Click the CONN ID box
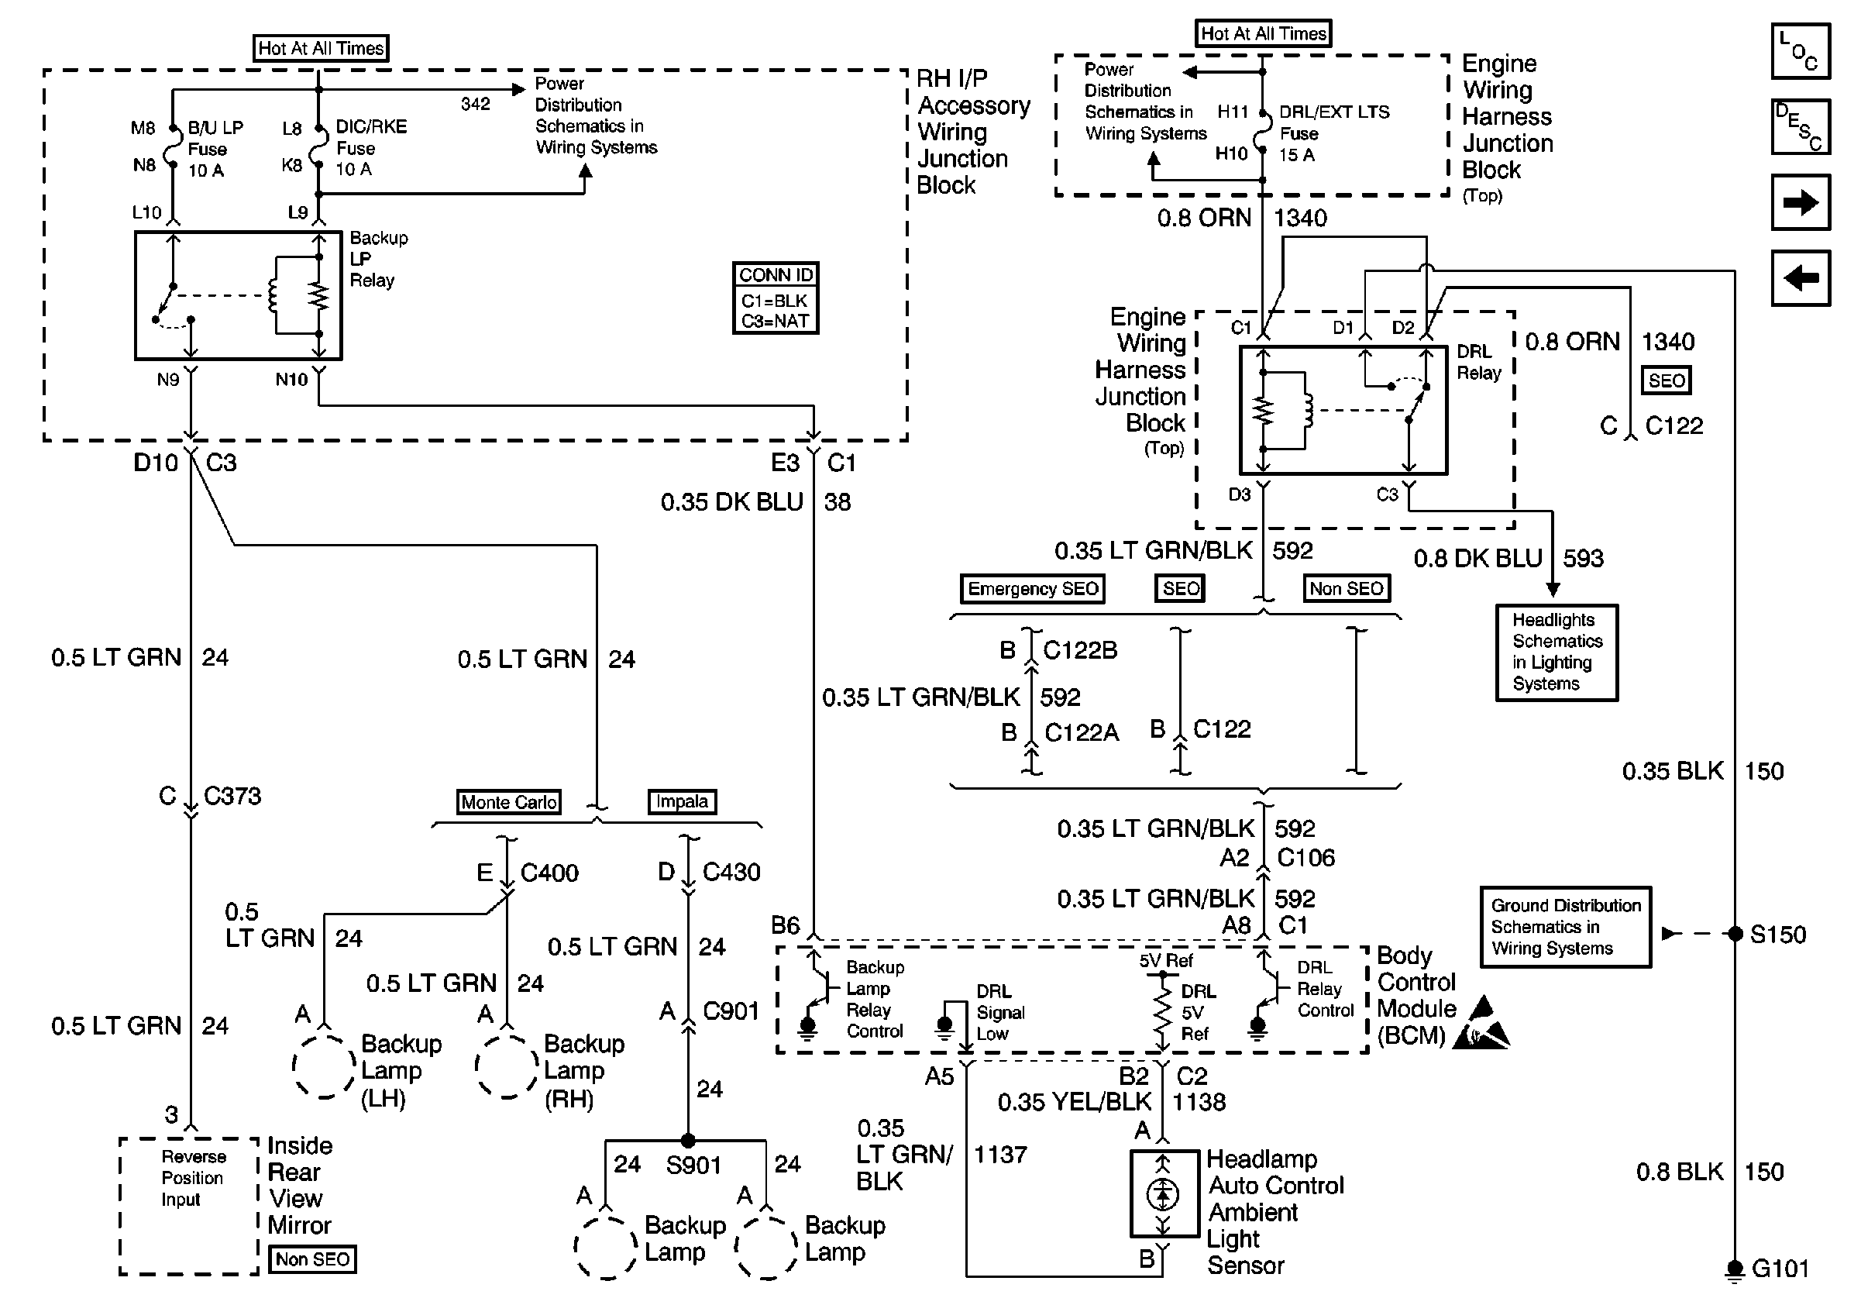click(775, 298)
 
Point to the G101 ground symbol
click(1735, 1269)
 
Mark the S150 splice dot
click(1735, 934)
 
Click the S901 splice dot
click(687, 1141)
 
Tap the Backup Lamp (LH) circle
click(324, 1066)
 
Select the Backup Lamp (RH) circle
click(507, 1066)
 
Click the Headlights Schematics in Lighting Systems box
click(1557, 652)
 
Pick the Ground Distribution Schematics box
click(1565, 927)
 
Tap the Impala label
click(682, 801)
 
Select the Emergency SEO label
click(1033, 588)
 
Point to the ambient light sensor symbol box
click(1164, 1193)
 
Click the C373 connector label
click(232, 796)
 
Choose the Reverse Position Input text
click(192, 1178)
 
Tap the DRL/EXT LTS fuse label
click(1333, 112)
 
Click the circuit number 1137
click(1000, 1154)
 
